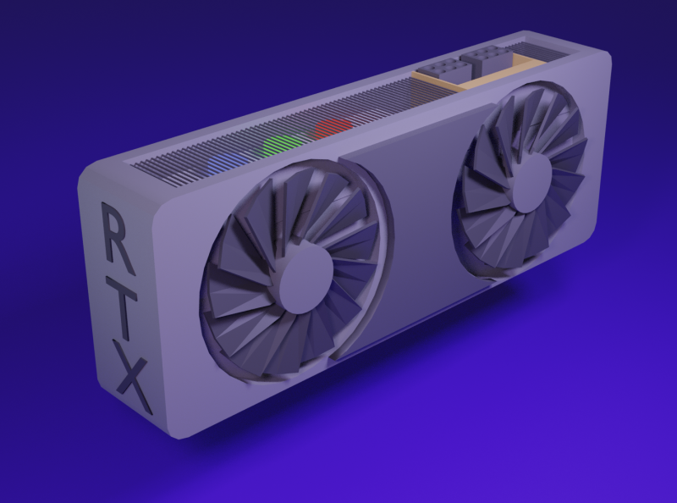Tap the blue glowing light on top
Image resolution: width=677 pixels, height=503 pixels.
click(223, 161)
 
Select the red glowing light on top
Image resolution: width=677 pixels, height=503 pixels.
click(332, 129)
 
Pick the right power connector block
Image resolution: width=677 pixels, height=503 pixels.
click(483, 59)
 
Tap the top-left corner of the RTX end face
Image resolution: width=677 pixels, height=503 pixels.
click(89, 174)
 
